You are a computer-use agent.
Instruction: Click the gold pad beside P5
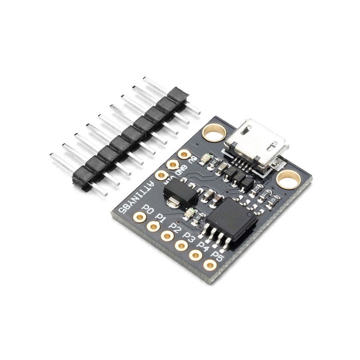[x=209, y=265]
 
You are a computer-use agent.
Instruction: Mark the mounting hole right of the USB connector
[x=288, y=179]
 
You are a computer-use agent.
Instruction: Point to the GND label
[x=181, y=171]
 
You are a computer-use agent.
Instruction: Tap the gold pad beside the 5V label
[x=184, y=154]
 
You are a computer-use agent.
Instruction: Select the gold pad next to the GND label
[x=173, y=165]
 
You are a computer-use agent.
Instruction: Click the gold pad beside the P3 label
[x=181, y=245]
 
